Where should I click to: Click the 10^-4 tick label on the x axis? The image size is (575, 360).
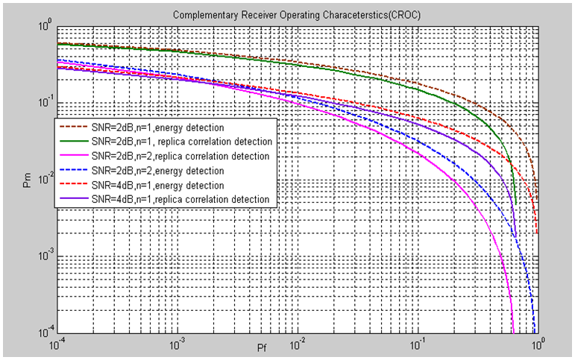[57, 345]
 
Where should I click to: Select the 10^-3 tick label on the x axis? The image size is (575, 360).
[177, 345]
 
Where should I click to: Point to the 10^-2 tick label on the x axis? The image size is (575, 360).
[297, 345]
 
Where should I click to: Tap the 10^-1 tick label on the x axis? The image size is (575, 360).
[417, 345]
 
